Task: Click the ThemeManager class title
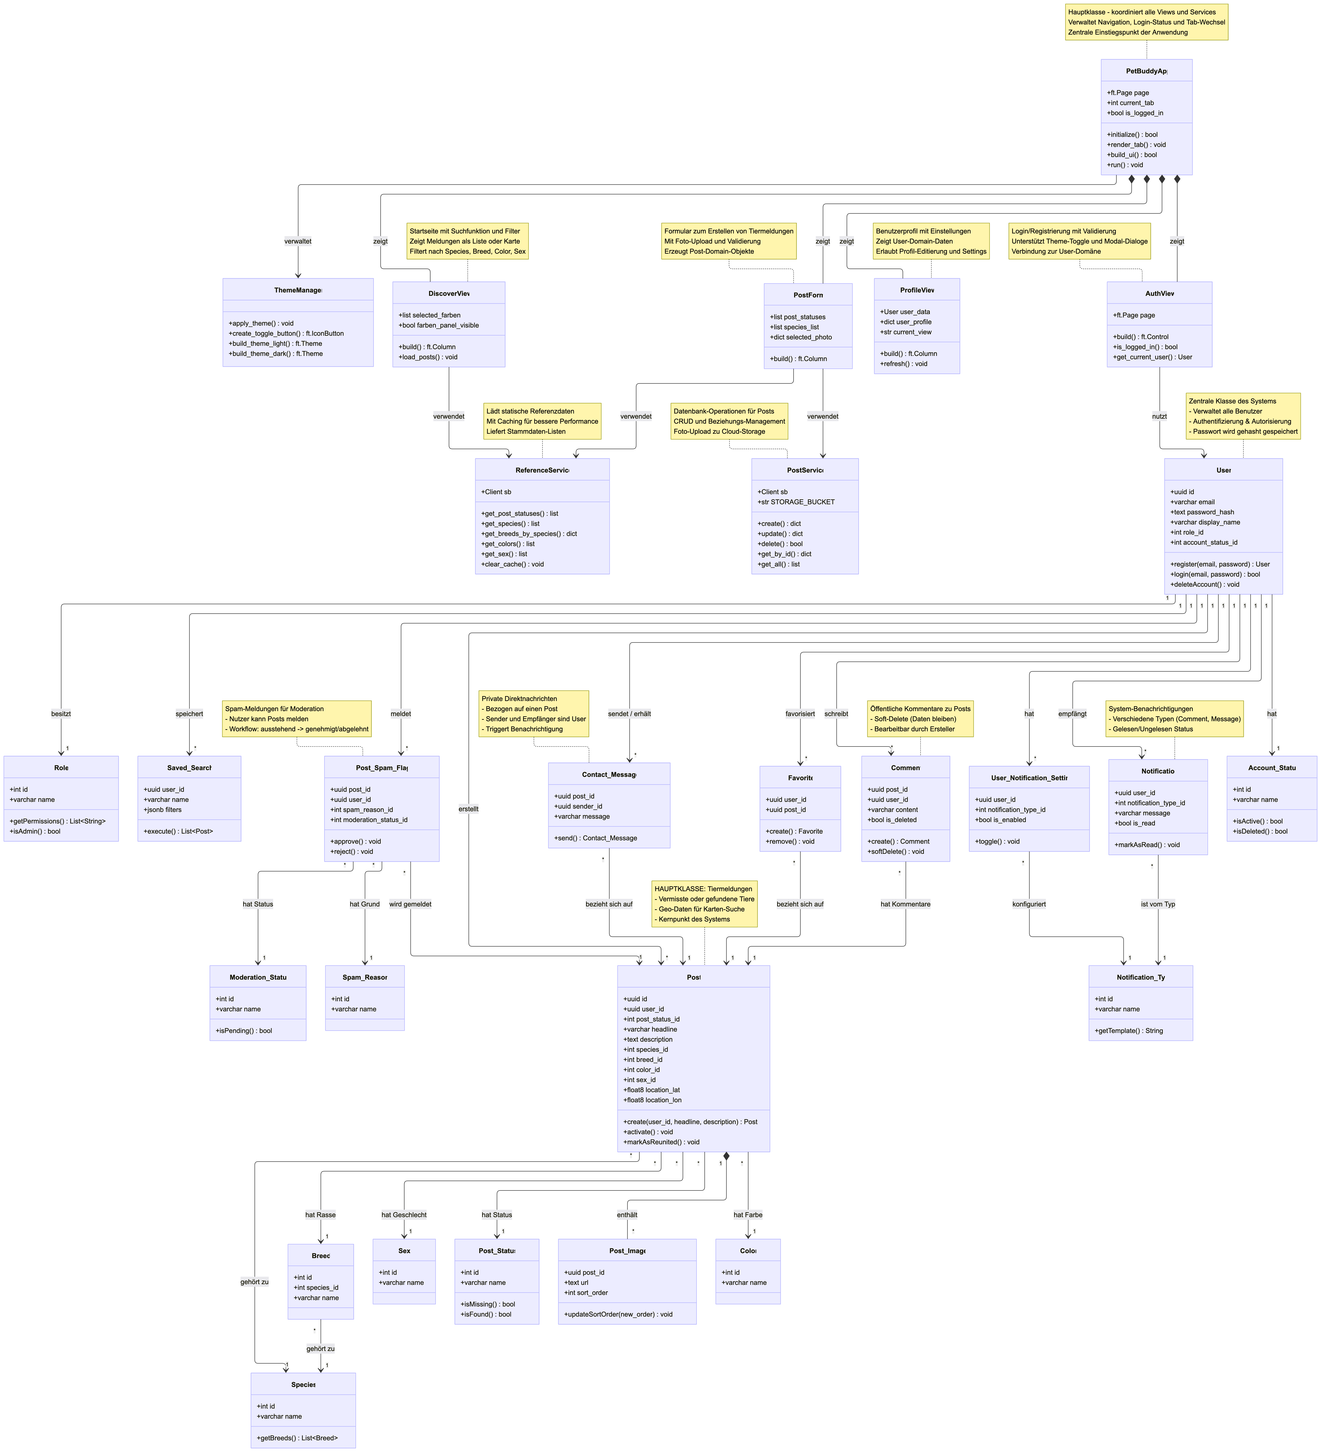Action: [x=298, y=290]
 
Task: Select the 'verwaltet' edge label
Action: [x=298, y=241]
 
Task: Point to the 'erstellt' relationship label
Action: [x=468, y=809]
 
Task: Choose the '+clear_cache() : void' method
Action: [x=512, y=564]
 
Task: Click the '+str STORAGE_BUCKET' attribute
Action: [x=796, y=502]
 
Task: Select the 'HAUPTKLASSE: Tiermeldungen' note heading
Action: [x=703, y=889]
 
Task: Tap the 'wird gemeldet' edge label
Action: [x=410, y=904]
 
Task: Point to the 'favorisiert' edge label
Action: [x=800, y=714]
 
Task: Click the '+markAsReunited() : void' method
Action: [x=661, y=1142]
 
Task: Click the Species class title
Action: [x=303, y=1384]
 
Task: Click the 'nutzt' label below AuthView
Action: [x=1159, y=416]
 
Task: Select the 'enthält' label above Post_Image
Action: [x=627, y=1214]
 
